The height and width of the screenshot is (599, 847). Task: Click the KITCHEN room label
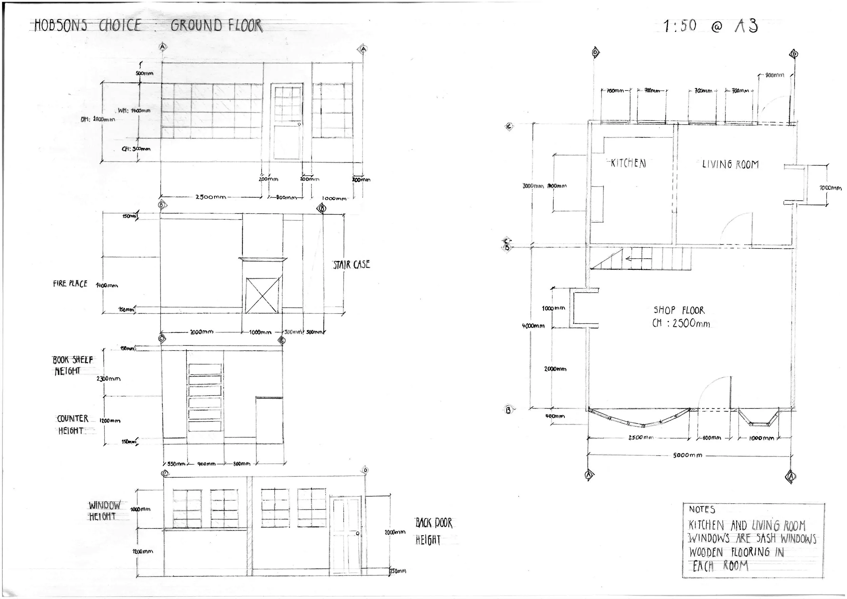point(628,163)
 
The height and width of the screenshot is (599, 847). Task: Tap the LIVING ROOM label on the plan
point(730,164)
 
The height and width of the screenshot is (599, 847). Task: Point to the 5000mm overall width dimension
point(687,455)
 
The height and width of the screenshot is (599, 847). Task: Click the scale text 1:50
point(680,26)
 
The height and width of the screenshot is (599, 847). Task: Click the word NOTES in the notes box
point(702,510)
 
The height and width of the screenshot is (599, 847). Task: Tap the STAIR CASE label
point(351,265)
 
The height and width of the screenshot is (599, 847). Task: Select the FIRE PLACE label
point(70,284)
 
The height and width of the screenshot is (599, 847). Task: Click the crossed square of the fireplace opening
point(262,295)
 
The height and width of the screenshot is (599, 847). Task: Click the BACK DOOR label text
point(433,523)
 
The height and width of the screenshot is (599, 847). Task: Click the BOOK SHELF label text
point(73,360)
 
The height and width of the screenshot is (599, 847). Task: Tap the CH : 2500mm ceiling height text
point(681,323)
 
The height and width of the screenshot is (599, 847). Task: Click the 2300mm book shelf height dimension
point(108,379)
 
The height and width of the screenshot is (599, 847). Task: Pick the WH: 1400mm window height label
point(134,111)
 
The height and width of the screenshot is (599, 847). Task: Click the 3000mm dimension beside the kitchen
point(533,186)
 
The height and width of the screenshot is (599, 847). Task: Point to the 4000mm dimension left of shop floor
point(533,326)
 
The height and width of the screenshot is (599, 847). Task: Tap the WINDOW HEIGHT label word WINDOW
point(104,505)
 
